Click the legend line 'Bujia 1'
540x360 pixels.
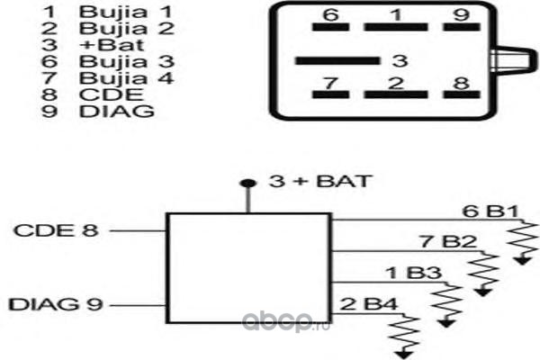[125, 13]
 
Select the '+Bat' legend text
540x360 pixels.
[112, 46]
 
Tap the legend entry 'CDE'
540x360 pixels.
[111, 94]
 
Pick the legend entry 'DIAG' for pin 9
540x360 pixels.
[116, 112]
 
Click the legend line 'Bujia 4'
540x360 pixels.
[126, 78]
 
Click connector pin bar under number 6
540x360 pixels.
[330, 27]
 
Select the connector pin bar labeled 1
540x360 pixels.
[396, 27]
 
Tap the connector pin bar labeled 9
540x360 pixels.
[462, 27]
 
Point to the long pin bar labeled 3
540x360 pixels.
[337, 61]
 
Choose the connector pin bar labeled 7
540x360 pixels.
[330, 94]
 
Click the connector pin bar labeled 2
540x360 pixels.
[396, 94]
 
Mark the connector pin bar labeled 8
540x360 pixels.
[462, 94]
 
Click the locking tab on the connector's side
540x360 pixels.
[514, 60]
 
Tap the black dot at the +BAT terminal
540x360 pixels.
[248, 184]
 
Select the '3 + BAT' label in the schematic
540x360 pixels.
[320, 181]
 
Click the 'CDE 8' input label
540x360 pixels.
[56, 230]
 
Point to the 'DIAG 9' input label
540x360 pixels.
[56, 304]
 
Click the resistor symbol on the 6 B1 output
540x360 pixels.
[524, 239]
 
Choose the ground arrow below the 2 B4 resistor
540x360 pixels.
[403, 354]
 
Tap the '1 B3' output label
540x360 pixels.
[414, 273]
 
